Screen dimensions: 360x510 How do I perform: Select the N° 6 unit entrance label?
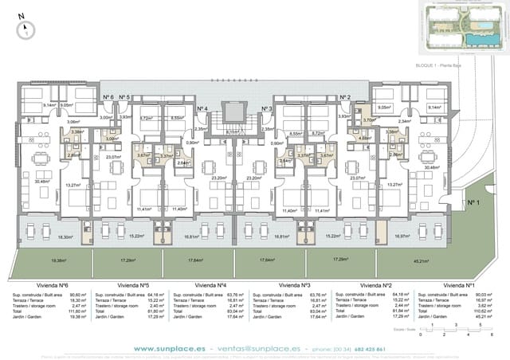coord(108,97)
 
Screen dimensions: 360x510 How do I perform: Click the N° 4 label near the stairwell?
coord(202,108)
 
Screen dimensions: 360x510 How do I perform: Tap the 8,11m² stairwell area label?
coord(232,131)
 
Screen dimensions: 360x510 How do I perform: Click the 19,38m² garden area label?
coord(58,260)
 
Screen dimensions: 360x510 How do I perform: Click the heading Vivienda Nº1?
coord(459,284)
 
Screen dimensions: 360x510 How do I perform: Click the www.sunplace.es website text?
coord(166,348)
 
